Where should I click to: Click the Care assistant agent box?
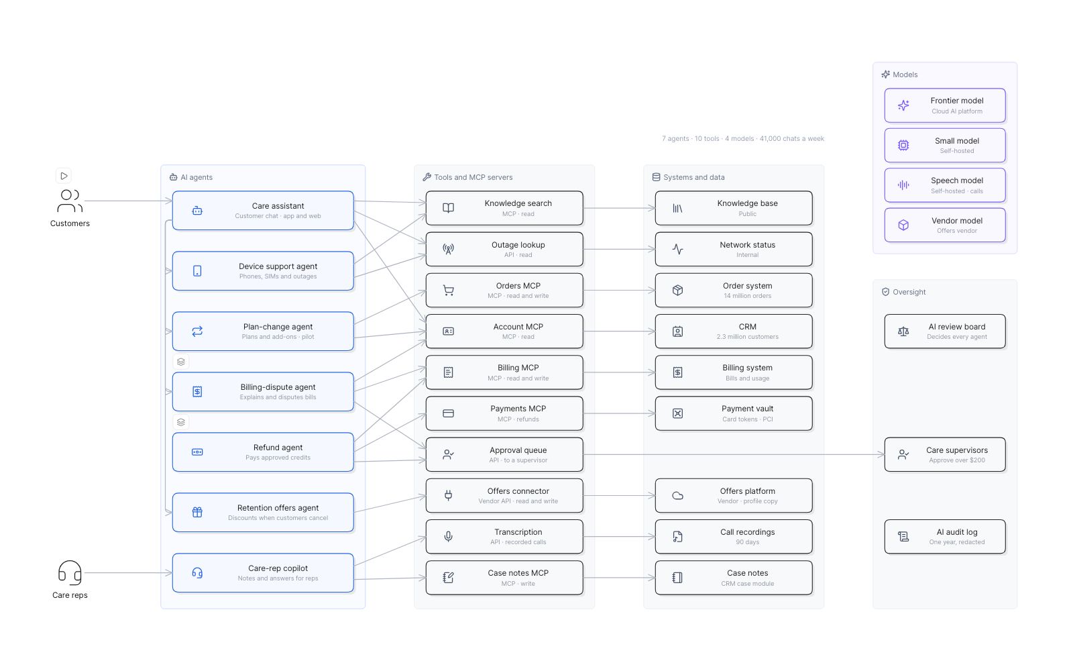click(x=263, y=211)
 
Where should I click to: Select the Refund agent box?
click(x=263, y=452)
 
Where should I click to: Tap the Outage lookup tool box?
click(x=504, y=249)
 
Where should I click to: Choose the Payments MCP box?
click(x=504, y=413)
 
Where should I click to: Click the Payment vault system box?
click(x=734, y=413)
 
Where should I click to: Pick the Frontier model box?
click(x=945, y=105)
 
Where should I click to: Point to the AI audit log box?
click(x=945, y=537)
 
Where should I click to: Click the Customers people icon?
click(x=70, y=201)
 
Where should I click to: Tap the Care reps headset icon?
click(x=70, y=573)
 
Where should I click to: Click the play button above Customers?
click(x=64, y=176)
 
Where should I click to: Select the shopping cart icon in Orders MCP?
click(x=449, y=291)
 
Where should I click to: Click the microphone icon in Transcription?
click(x=449, y=537)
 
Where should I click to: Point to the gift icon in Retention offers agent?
click(x=197, y=513)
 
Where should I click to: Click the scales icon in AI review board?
click(x=903, y=331)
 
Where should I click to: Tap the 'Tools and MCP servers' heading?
click(x=473, y=177)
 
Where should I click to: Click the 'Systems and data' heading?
click(x=694, y=177)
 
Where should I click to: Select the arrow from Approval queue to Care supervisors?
click(x=734, y=454)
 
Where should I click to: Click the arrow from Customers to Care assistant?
click(x=128, y=201)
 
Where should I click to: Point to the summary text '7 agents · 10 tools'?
click(x=691, y=138)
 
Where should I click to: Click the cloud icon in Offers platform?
click(x=678, y=496)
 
